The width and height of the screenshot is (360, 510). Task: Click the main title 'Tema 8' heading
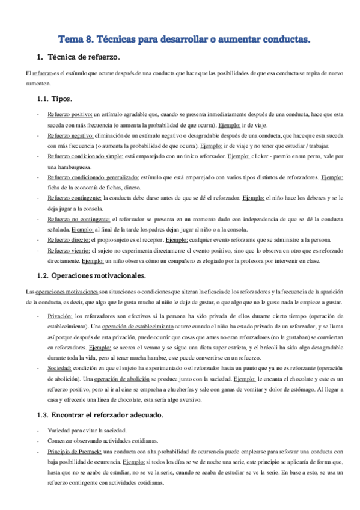[x=184, y=40]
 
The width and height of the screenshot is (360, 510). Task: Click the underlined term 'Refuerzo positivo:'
[x=70, y=114]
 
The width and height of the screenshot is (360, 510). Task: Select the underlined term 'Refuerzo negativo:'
[x=71, y=136]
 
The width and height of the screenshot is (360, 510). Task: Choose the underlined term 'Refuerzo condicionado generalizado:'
[x=93, y=179]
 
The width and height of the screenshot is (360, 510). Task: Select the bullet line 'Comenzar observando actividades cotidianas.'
[x=100, y=441]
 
